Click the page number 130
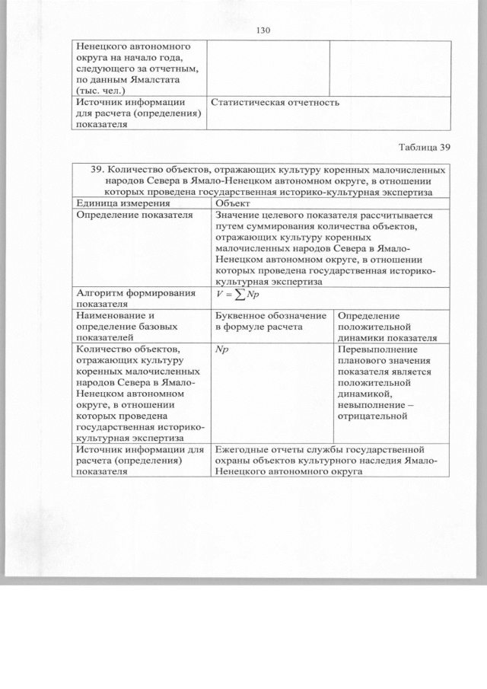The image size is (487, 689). [x=264, y=30]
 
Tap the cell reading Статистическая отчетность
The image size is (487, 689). [x=274, y=102]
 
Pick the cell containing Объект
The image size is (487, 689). [x=234, y=203]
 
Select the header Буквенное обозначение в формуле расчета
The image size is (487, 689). [x=271, y=321]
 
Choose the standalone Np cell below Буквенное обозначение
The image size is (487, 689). [x=223, y=349]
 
